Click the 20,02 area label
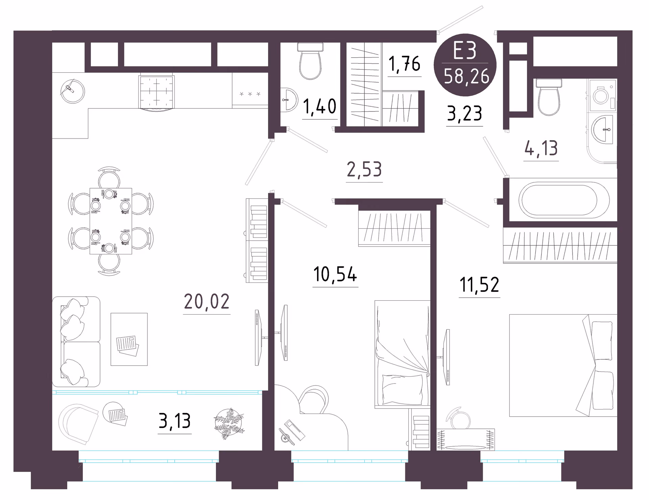tap(207, 301)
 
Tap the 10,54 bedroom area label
tap(335, 274)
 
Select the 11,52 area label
tap(479, 284)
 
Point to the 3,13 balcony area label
tap(175, 421)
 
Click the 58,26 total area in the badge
tap(466, 76)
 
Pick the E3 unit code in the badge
tap(465, 51)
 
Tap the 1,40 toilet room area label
tap(320, 106)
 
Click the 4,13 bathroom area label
tap(541, 148)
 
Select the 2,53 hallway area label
tap(364, 169)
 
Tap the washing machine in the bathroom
tap(602, 96)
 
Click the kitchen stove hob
tap(156, 92)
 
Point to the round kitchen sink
tap(72, 91)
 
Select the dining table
tap(111, 221)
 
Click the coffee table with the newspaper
tap(129, 339)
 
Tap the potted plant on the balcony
tap(229, 424)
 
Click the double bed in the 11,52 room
tap(563, 365)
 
